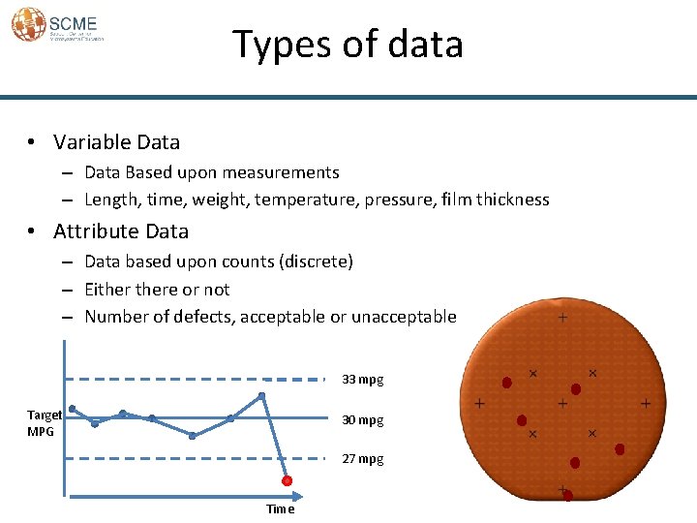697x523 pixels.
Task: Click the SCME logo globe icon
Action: pyautogui.click(x=28, y=24)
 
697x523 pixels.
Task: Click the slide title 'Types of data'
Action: pyautogui.click(x=348, y=45)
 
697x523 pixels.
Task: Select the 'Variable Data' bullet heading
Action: pyautogui.click(x=116, y=142)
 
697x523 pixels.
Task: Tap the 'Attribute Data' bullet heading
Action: pyautogui.click(x=121, y=231)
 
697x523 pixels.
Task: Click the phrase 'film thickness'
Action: pyautogui.click(x=495, y=200)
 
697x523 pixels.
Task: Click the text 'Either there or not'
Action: pyautogui.click(x=157, y=290)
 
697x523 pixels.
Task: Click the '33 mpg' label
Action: pyautogui.click(x=363, y=380)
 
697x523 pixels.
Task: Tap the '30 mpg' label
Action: pyautogui.click(x=363, y=420)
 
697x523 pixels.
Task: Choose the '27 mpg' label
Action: pyautogui.click(x=363, y=459)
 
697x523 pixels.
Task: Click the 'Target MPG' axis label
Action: pyautogui.click(x=45, y=422)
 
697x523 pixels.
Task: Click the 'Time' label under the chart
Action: pyautogui.click(x=280, y=509)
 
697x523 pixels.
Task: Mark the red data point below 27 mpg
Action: pyautogui.click(x=288, y=481)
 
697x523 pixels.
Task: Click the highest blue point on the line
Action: pyautogui.click(x=261, y=396)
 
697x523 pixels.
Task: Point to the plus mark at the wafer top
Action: pyautogui.click(x=562, y=318)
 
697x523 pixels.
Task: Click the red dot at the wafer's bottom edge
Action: pyautogui.click(x=568, y=496)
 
